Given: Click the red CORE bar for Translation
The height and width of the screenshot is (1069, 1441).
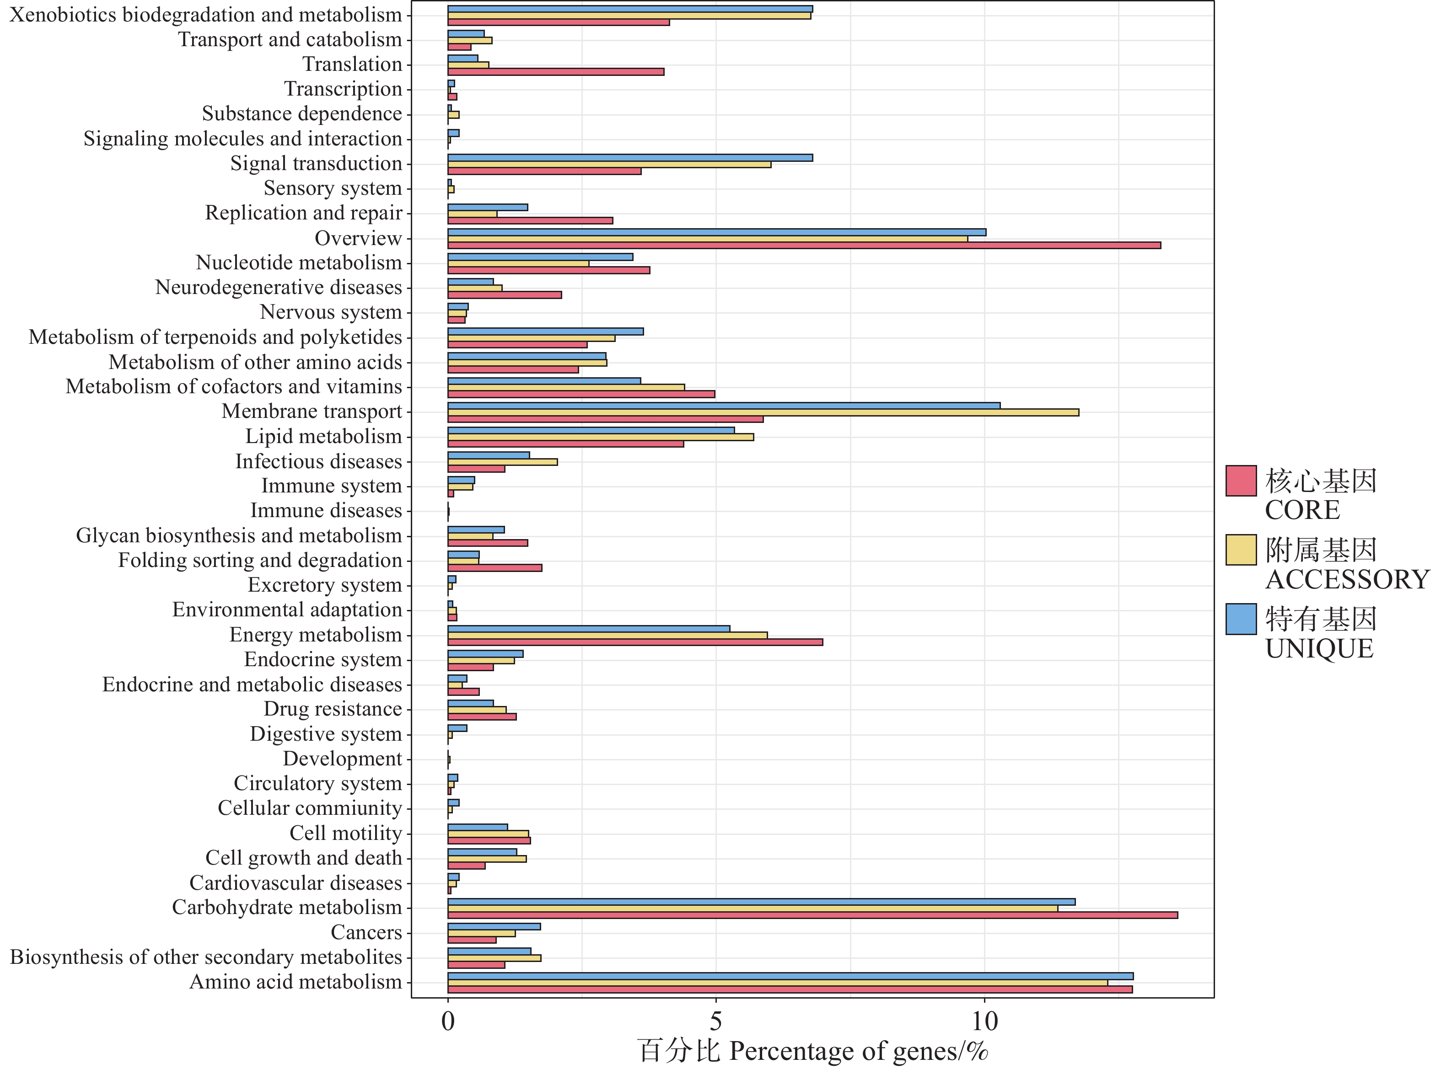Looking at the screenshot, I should (555, 72).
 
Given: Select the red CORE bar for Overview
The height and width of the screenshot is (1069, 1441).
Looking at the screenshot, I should (804, 245).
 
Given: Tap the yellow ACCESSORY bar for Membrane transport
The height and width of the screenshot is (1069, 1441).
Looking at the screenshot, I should (763, 412).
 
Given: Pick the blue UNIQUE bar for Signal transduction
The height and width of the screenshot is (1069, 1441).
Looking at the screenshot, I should (630, 158).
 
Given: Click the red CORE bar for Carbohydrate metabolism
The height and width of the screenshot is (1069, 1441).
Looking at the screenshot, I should (812, 915).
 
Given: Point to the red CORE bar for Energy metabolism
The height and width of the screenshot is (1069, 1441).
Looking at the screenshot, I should (635, 642).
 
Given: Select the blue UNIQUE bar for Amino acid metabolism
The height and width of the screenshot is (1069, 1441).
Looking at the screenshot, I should (790, 976).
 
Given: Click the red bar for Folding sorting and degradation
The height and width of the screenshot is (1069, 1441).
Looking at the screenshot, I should (495, 567).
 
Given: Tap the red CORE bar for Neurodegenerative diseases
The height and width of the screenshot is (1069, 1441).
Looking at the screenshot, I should (504, 295).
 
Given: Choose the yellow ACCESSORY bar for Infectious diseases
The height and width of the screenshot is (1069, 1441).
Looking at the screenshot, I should (502, 462).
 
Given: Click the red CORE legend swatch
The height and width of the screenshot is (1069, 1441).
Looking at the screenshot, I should (1241, 481).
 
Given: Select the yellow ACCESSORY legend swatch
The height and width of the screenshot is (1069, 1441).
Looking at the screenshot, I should (1241, 550).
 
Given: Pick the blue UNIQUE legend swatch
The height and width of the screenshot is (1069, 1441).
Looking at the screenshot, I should (1241, 619).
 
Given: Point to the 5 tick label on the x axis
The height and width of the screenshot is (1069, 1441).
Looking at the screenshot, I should (715, 1022).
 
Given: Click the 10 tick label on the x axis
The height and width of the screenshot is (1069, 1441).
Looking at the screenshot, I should (984, 1022).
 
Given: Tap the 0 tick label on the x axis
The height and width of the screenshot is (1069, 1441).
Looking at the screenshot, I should (447, 1022).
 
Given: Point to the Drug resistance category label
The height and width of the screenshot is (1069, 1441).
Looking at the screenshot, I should (333, 709).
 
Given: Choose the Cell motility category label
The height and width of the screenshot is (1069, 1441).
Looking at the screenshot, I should (346, 834).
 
